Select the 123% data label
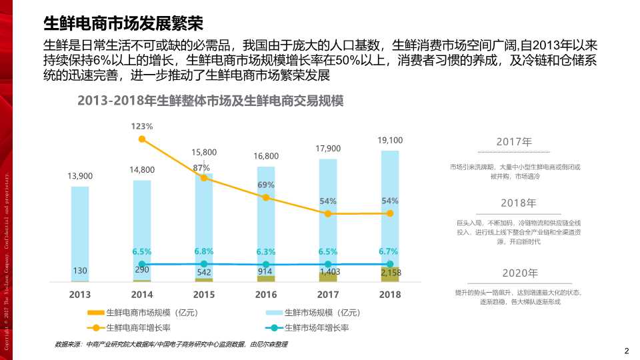tap(142, 126)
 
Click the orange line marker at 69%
tap(266, 197)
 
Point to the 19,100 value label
tap(390, 140)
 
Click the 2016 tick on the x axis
tap(266, 294)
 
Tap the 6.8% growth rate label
tap(204, 251)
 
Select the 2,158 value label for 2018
tap(391, 273)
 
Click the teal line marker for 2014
tap(142, 265)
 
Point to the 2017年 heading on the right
tap(514, 142)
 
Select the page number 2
tap(626, 351)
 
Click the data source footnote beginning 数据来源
tap(171, 344)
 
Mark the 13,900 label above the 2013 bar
tap(80, 176)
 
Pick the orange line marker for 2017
tap(328, 214)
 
